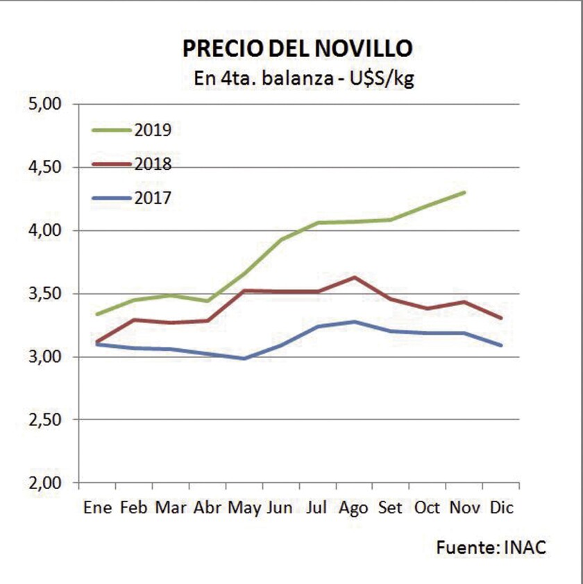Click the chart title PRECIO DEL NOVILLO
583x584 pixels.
pyautogui.click(x=297, y=49)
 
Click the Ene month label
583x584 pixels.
pyautogui.click(x=97, y=508)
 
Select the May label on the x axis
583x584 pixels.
pyautogui.click(x=244, y=508)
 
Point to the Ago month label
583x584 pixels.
pyautogui.click(x=353, y=508)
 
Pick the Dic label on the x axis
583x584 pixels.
pyautogui.click(x=501, y=508)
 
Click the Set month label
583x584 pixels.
pyautogui.click(x=391, y=508)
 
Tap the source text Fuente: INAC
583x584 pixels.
pyautogui.click(x=491, y=547)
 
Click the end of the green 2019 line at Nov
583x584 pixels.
pyautogui.click(x=464, y=192)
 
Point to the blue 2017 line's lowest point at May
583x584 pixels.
pyautogui.click(x=244, y=359)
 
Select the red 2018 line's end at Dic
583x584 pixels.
pyautogui.click(x=501, y=318)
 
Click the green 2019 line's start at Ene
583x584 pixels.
pyautogui.click(x=97, y=314)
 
